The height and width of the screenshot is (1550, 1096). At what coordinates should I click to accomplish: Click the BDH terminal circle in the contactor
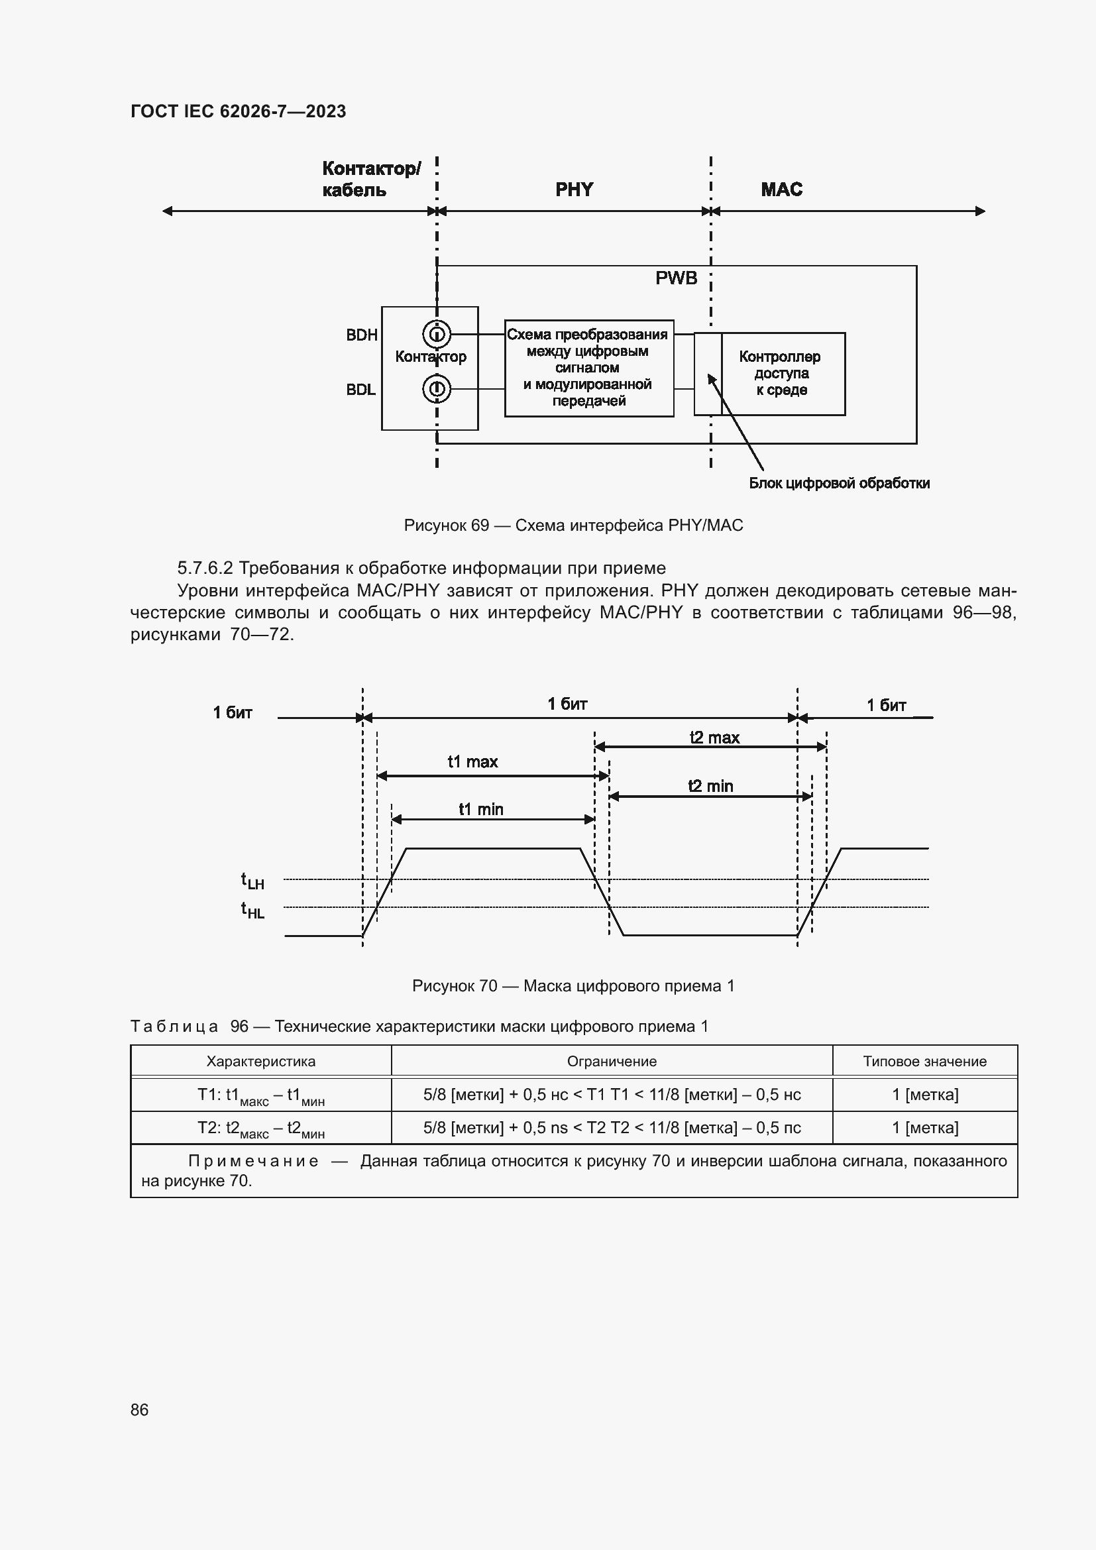pyautogui.click(x=437, y=333)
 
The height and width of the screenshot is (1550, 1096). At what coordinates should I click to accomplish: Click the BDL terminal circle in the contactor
pyautogui.click(x=437, y=389)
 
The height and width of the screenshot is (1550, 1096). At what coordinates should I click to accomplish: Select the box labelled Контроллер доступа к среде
pyautogui.click(x=782, y=373)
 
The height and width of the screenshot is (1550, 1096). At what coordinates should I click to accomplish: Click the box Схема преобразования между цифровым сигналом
pyautogui.click(x=588, y=368)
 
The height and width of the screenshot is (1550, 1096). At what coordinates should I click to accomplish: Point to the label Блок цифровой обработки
pyautogui.click(x=839, y=483)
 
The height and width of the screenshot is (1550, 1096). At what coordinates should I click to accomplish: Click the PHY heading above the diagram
pyautogui.click(x=575, y=190)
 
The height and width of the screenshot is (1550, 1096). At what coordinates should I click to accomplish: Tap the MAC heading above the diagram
pyautogui.click(x=781, y=190)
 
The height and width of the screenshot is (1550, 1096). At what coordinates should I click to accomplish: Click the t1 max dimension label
pyautogui.click(x=472, y=762)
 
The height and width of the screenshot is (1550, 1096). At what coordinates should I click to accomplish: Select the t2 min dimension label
pyautogui.click(x=710, y=786)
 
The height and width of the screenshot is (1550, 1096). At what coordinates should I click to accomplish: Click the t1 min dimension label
pyautogui.click(x=480, y=809)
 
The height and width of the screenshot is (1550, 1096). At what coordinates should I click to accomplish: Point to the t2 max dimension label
pyautogui.click(x=714, y=738)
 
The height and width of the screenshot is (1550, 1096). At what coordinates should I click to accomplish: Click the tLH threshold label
pyautogui.click(x=252, y=881)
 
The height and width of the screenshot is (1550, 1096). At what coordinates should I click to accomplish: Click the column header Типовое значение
pyautogui.click(x=924, y=1061)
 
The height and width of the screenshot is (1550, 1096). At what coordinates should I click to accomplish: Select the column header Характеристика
pyautogui.click(x=260, y=1061)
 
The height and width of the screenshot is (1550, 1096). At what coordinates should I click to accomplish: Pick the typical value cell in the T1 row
pyautogui.click(x=924, y=1094)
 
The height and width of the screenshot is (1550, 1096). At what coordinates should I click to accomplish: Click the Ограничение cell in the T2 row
pyautogui.click(x=612, y=1127)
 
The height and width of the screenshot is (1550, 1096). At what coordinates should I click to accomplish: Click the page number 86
pyautogui.click(x=140, y=1410)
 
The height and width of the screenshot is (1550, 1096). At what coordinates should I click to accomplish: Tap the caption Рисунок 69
pyautogui.click(x=573, y=526)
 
